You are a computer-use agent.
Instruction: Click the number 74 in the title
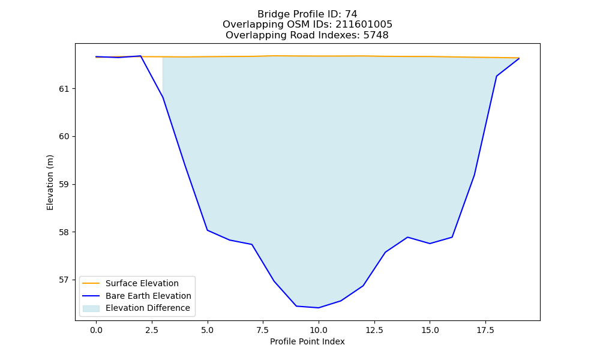click(351, 14)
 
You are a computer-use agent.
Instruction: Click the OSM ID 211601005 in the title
click(364, 25)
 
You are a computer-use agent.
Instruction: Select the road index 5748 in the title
click(376, 35)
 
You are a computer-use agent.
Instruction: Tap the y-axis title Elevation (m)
click(50, 182)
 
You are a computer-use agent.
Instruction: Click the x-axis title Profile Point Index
click(307, 341)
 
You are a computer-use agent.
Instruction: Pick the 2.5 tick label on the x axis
click(152, 330)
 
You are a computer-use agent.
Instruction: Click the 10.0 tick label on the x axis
click(319, 330)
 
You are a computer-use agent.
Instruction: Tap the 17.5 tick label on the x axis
click(485, 330)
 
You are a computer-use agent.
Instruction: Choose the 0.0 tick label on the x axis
click(96, 330)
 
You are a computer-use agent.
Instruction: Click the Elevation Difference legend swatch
click(91, 308)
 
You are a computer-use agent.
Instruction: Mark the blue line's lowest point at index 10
click(319, 308)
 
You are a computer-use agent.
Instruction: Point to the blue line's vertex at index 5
click(208, 230)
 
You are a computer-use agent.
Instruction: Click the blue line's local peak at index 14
click(407, 237)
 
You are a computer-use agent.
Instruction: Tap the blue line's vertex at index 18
click(497, 76)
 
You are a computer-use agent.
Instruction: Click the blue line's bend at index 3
click(163, 97)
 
